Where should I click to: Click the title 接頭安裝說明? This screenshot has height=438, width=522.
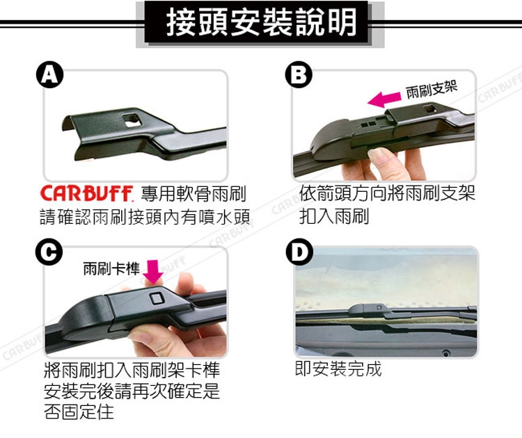pos(261,22)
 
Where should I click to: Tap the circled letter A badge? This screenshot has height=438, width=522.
pos(49,76)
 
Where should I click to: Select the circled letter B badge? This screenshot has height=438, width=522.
pos(299,76)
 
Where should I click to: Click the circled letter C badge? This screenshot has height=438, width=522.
pos(49,252)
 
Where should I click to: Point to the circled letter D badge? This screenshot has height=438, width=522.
pos(299,252)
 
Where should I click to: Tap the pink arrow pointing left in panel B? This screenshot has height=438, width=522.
pos(384,99)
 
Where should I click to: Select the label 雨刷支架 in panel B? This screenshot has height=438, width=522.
pos(432,90)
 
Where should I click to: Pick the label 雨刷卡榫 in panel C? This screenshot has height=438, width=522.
pos(111,268)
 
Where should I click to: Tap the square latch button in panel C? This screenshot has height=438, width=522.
pos(157,298)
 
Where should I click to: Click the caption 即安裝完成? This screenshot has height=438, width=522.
pos(338,369)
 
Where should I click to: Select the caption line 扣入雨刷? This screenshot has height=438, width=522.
pos(334,216)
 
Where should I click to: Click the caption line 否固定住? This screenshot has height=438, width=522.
pos(79,412)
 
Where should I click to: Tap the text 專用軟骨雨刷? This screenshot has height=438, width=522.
pos(193,193)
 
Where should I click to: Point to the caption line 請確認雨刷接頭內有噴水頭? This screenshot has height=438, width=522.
pos(145,217)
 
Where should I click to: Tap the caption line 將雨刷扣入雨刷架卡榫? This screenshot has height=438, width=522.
pos(132,370)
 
